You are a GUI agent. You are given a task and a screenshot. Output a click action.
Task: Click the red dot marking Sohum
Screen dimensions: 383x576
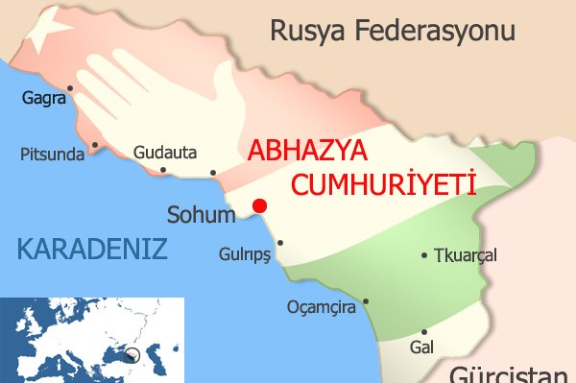pos(257,204)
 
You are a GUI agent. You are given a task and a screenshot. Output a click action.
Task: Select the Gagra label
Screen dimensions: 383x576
pos(44,97)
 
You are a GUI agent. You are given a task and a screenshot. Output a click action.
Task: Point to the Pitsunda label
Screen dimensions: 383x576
pos(52,154)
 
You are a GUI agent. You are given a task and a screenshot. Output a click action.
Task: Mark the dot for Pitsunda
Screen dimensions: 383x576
pos(94,147)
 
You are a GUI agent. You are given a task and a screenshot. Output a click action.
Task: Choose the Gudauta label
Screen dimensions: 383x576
pos(165,153)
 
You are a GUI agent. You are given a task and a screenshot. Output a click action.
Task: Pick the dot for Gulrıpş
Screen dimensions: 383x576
pos(280,243)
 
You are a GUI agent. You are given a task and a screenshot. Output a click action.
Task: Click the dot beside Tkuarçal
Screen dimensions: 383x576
pos(425,255)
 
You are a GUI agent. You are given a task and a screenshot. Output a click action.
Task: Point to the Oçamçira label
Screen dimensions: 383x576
pos(322,307)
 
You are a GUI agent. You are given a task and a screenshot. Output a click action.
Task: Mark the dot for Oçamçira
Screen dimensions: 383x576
pos(365,301)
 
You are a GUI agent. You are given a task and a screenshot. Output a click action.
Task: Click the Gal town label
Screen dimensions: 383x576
pos(421,347)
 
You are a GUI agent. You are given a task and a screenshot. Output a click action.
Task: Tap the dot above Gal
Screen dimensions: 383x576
pos(423,331)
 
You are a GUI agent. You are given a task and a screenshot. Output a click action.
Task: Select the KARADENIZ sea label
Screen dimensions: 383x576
pos(92,251)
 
